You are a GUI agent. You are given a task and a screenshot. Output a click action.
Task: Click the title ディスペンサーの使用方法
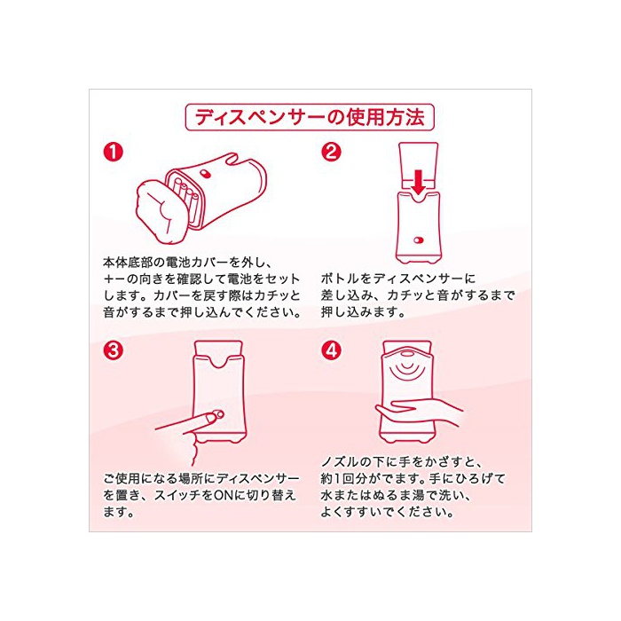point(310,117)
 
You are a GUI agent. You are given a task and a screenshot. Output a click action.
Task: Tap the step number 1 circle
point(114,152)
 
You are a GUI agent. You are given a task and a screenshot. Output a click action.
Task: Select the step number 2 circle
point(331,152)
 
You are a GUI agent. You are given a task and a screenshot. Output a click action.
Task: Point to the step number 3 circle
point(114,350)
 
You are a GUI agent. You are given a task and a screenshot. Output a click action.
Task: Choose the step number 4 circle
point(331,350)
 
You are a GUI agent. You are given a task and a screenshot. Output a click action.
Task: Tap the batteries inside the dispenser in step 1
point(185,198)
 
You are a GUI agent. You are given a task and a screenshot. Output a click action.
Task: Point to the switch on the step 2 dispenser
point(419,240)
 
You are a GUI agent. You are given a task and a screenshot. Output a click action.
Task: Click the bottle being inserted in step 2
point(418,167)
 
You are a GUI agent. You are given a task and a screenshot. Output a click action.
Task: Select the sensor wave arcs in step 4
point(408,369)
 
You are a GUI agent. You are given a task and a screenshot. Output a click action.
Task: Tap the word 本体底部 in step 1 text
point(128,263)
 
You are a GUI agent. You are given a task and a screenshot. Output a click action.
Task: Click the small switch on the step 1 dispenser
point(204,173)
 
